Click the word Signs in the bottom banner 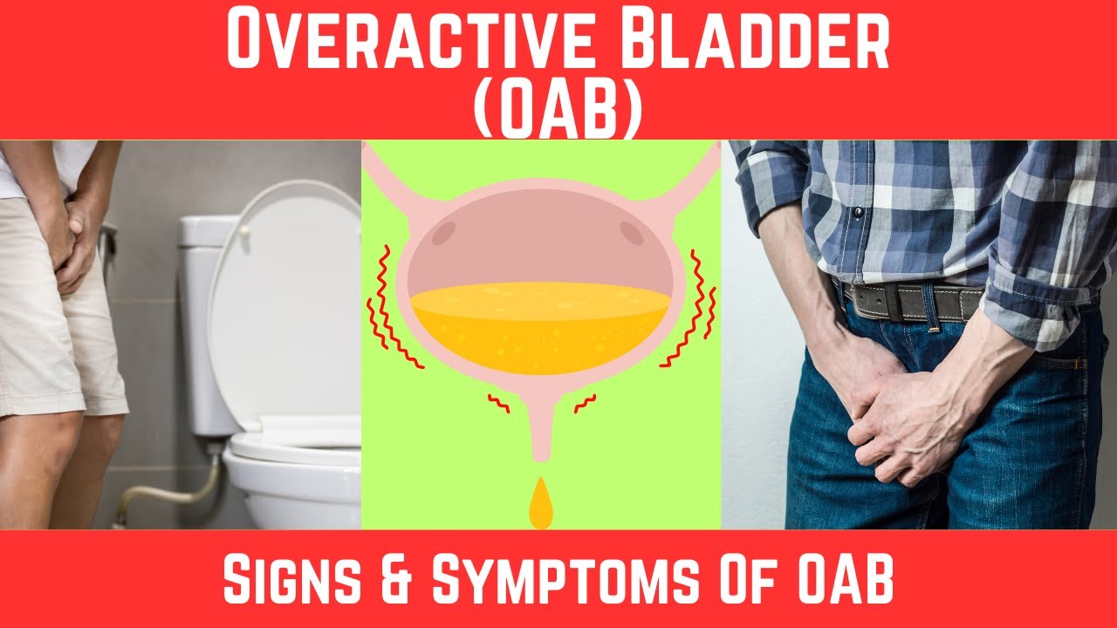(301, 580)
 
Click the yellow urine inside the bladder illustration (541, 331)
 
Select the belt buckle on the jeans (865, 302)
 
